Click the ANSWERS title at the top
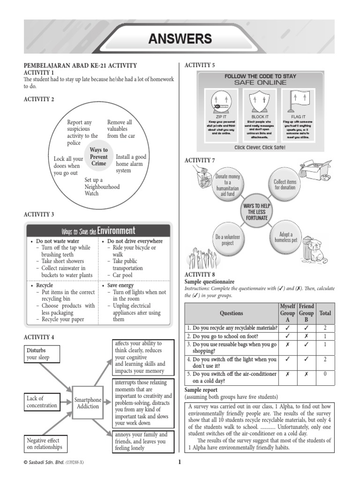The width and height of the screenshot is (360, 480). (180, 39)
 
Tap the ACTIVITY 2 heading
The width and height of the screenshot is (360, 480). (39, 99)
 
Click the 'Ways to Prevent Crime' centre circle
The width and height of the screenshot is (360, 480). (98, 157)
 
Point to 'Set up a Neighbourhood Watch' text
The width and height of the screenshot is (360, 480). (102, 187)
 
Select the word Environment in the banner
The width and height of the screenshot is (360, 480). (116, 230)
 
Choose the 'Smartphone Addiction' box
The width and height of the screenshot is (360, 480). (88, 403)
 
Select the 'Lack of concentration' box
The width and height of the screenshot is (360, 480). (42, 402)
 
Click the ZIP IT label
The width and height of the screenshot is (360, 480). (217, 117)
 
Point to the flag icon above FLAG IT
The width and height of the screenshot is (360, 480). (298, 100)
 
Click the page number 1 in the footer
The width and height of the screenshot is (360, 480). (179, 463)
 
